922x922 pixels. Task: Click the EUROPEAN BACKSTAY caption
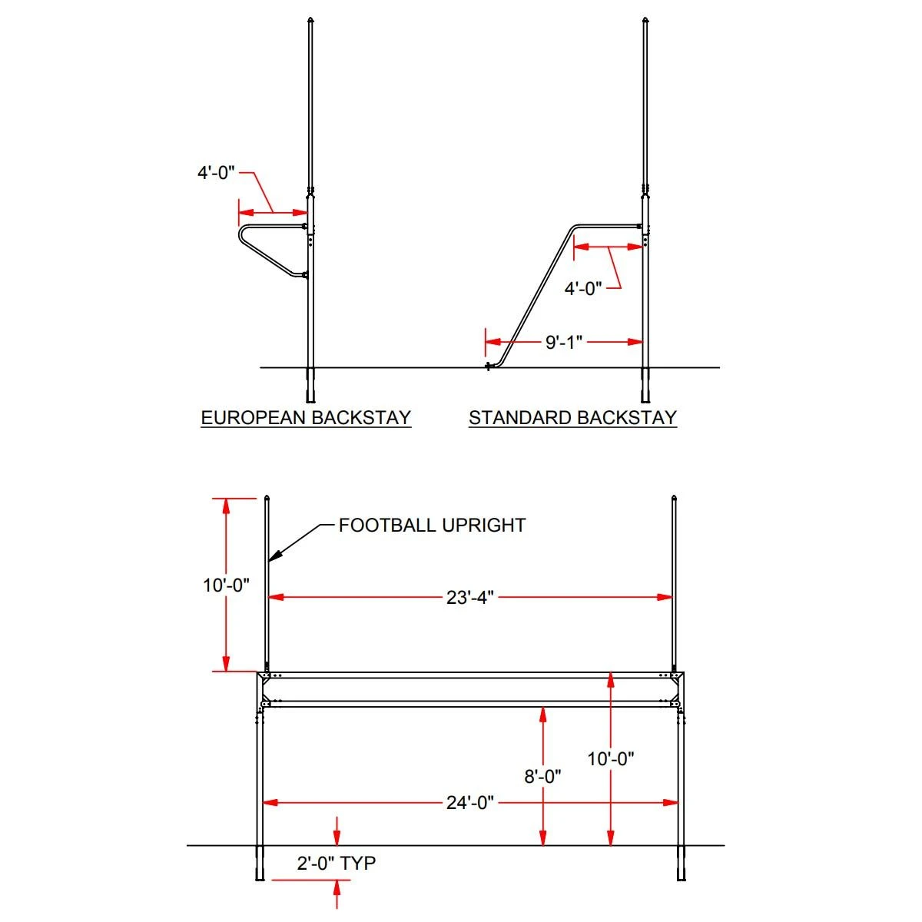click(x=306, y=418)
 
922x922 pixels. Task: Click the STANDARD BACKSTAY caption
click(x=572, y=418)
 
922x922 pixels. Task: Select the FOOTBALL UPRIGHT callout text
click(x=432, y=526)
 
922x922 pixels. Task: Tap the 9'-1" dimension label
click(x=564, y=342)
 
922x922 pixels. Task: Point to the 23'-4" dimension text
click(x=469, y=597)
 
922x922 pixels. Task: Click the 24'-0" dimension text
click(x=469, y=803)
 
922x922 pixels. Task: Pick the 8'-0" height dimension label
click(x=542, y=777)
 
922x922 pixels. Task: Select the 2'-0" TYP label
click(x=337, y=863)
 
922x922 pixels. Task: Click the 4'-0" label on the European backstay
click(x=216, y=173)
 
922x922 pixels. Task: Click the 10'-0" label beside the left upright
click(x=226, y=585)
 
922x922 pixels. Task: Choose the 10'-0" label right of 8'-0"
click(x=611, y=759)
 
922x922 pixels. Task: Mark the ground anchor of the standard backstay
click(x=489, y=366)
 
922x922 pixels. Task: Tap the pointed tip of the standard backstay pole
click(x=644, y=18)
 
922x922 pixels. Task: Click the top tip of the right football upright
click(x=674, y=497)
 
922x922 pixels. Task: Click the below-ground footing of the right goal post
click(x=680, y=864)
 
